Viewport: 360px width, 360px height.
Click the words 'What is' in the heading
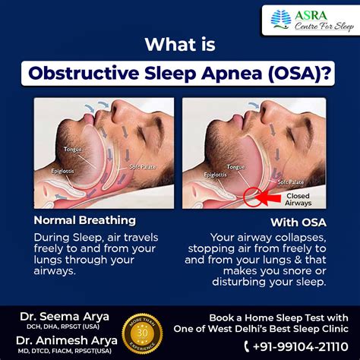point(179,44)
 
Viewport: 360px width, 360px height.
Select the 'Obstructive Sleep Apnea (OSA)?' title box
point(179,74)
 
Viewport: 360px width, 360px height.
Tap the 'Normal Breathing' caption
point(84,220)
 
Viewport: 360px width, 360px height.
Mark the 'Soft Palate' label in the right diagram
point(292,182)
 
